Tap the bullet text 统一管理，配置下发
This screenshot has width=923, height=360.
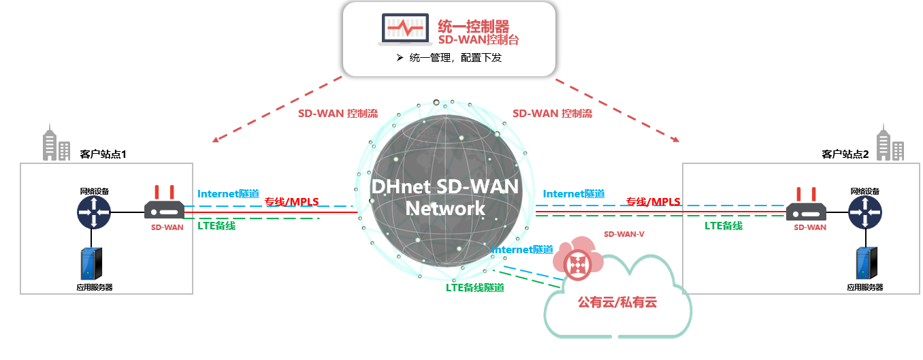point(455,59)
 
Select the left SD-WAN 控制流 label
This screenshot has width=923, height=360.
point(338,114)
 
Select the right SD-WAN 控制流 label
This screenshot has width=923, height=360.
point(552,114)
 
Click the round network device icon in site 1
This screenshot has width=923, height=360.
point(93,212)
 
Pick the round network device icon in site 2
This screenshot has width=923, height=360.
point(865,212)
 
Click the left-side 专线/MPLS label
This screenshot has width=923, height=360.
point(291,201)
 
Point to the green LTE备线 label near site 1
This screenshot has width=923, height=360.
point(216,225)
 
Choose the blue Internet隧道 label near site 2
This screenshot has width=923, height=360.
point(573,194)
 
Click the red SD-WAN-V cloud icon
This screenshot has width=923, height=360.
point(577,262)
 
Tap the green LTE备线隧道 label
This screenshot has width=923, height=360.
point(474,287)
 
